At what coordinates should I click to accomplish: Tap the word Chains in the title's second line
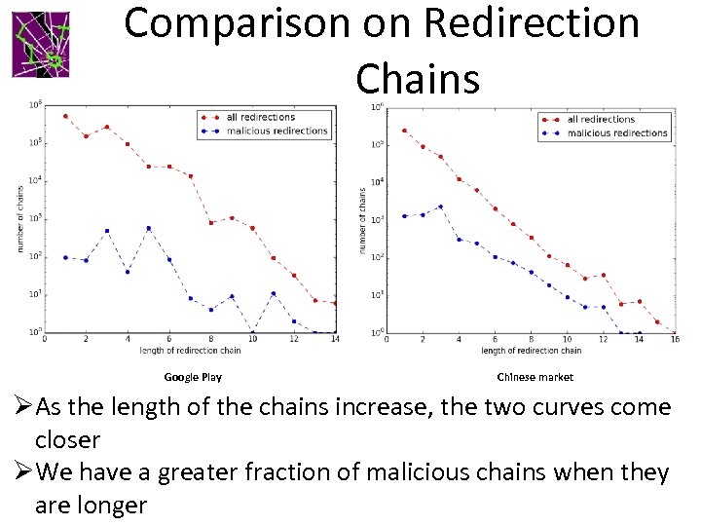pos(418,78)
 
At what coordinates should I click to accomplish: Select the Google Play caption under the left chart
pos(193,377)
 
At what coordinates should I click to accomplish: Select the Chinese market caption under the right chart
pos(535,377)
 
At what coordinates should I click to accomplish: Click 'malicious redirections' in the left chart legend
pos(277,131)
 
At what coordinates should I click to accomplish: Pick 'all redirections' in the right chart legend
pos(601,120)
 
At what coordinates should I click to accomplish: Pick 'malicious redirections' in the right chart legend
pos(617,132)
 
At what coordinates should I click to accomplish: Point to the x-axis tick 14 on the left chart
pos(334,340)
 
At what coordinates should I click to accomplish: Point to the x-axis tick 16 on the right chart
pos(675,340)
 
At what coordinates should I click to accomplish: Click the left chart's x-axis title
pos(190,350)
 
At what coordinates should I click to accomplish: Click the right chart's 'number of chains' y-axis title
pos(363,222)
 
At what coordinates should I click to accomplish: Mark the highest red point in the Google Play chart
pos(65,116)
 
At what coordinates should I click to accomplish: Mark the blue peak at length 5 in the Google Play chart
pos(149,228)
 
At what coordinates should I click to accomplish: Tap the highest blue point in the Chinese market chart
pos(440,207)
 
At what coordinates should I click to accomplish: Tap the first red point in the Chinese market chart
pos(404,131)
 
